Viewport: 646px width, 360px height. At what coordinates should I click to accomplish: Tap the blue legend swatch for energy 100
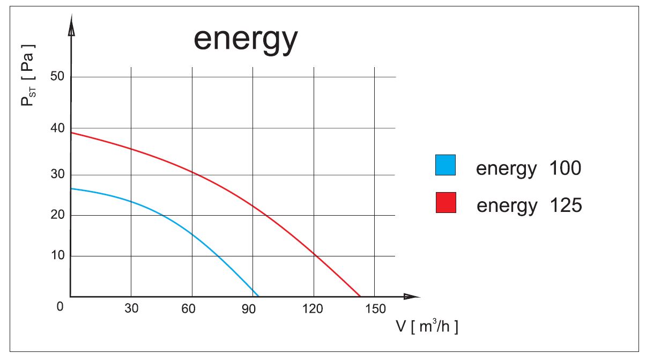(x=445, y=165)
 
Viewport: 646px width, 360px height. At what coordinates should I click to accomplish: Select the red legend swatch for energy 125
(x=445, y=202)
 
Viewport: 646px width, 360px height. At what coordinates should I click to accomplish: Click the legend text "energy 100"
(x=528, y=168)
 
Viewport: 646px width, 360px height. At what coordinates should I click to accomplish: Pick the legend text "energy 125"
(x=529, y=205)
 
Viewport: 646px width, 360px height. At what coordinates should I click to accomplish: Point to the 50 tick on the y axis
(x=57, y=76)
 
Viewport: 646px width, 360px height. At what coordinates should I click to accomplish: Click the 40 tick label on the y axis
(x=57, y=128)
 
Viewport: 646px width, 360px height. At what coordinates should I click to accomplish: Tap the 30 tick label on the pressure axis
(x=57, y=174)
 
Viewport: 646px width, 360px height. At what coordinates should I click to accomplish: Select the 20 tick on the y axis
(x=57, y=215)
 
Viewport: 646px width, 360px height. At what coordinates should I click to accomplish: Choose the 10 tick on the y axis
(x=57, y=255)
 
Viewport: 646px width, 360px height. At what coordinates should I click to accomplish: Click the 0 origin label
(x=60, y=306)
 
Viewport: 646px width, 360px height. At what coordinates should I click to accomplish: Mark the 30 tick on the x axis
(x=131, y=308)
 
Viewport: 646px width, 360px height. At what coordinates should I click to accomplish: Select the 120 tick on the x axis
(x=313, y=308)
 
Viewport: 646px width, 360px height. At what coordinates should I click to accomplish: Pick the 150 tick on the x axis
(x=374, y=308)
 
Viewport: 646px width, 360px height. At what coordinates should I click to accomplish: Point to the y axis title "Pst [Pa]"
(x=28, y=75)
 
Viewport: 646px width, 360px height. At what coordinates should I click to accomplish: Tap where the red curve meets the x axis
(x=360, y=296)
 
